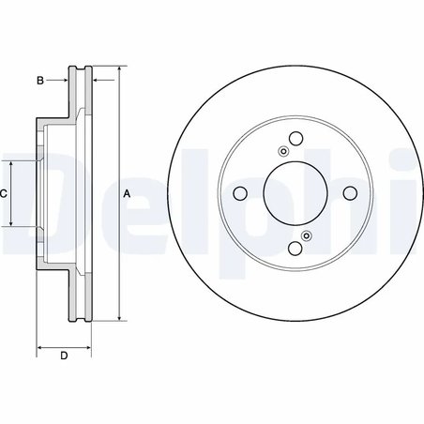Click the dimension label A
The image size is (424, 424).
pos(128,193)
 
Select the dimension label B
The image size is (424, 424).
pos(40,82)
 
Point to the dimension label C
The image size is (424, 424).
pos(4,193)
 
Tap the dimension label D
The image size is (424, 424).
pos(63,355)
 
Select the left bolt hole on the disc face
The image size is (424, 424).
pos(239,193)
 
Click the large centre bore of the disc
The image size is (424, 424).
pos(295,193)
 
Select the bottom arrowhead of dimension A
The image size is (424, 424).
pos(122,318)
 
